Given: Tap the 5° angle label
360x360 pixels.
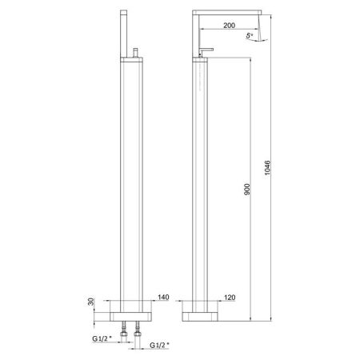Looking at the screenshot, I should (x=251, y=37).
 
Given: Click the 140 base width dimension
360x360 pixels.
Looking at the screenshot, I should (x=162, y=295).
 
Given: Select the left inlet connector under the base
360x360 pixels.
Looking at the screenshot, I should (x=124, y=326).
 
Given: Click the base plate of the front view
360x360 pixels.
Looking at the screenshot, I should (x=132, y=309).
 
